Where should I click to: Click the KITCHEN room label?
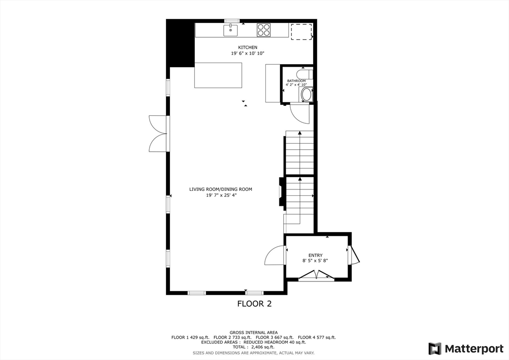248,47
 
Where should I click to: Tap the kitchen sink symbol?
231,30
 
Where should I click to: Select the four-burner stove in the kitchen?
263,30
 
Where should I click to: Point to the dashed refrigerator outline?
301,32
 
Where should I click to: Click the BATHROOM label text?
296,81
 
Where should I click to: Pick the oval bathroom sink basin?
306,94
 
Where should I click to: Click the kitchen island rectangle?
218,75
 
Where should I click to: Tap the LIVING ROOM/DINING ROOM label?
221,189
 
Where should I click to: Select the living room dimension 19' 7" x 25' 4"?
221,195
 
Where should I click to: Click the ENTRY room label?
316,256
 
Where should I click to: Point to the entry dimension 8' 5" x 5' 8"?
316,261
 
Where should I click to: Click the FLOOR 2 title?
254,304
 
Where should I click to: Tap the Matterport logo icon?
435,349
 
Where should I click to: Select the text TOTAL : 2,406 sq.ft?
253,347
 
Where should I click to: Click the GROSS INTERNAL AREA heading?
254,333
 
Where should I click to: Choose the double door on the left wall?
158,133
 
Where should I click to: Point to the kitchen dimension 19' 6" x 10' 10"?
248,53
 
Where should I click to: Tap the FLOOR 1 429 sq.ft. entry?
190,337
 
